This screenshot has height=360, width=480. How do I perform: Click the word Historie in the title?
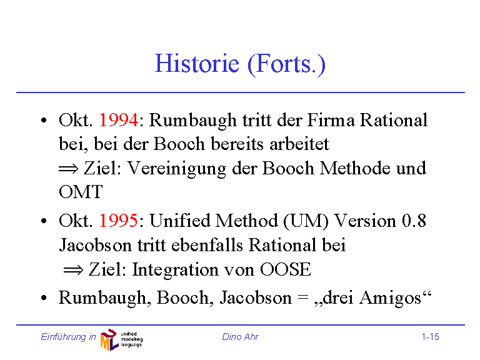(197, 63)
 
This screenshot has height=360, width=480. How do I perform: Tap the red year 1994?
(119, 120)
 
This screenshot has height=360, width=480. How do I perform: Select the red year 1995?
(119, 221)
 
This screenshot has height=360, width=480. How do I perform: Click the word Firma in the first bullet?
(331, 120)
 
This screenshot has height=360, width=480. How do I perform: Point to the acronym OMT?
(81, 192)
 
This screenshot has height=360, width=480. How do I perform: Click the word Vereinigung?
(176, 169)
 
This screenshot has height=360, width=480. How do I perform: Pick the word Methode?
(355, 168)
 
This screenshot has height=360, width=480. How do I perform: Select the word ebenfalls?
(207, 245)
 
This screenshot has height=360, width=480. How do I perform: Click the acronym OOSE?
(286, 269)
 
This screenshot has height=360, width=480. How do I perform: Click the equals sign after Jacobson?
(302, 298)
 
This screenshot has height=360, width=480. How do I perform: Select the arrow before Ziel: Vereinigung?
(69, 169)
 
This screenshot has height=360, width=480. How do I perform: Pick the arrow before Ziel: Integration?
(73, 270)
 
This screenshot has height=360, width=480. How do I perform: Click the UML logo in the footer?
(121, 339)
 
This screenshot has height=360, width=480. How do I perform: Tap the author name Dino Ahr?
(240, 337)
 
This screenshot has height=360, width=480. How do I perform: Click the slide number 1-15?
(431, 337)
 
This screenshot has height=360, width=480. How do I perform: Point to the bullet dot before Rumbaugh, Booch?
(44, 298)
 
